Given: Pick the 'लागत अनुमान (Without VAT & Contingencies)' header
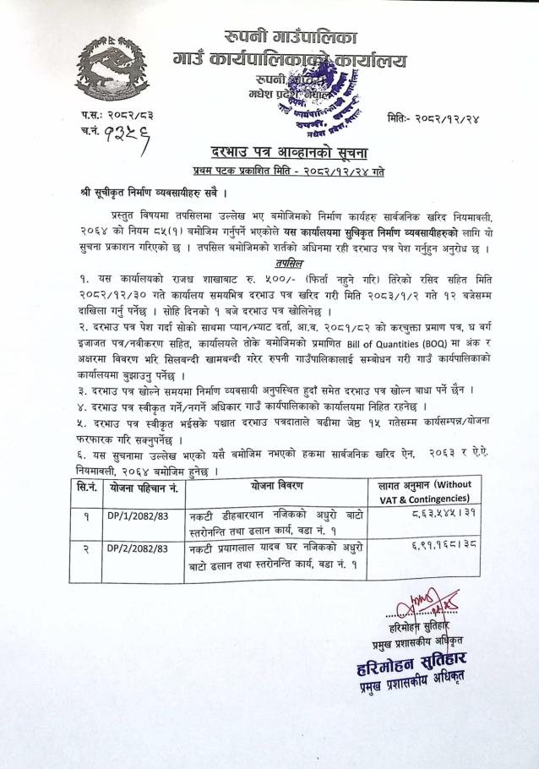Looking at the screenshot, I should (426, 488).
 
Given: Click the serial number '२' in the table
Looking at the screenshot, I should (85, 548).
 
